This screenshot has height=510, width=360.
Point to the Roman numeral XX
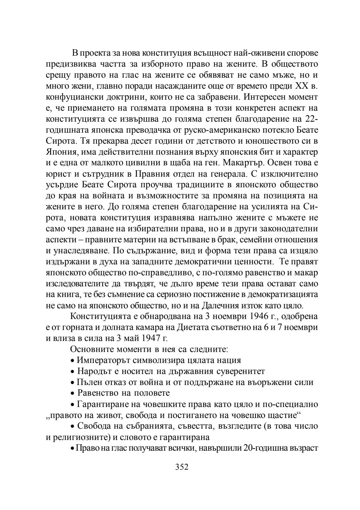[302, 86]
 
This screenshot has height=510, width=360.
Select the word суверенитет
[241, 371]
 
